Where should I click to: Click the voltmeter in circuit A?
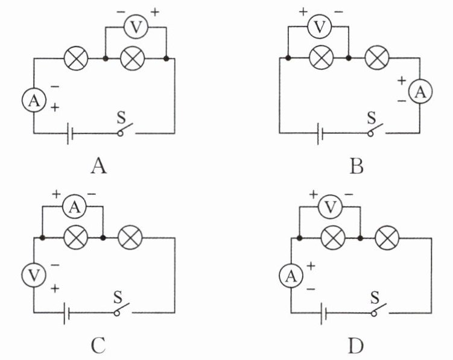tap(136, 27)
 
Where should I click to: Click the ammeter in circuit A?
tap(34, 100)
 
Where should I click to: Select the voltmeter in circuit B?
tap(320, 27)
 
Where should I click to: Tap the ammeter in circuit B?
tap(420, 92)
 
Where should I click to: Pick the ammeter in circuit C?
tap(75, 206)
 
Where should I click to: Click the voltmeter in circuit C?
tap(34, 275)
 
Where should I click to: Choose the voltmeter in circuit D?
tap(330, 206)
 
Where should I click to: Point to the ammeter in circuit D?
tap(291, 276)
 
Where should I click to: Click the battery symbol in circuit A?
tap(70, 133)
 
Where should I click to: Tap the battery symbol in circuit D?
tap(323, 313)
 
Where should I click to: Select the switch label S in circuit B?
tap(371, 118)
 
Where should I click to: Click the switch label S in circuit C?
tap(118, 297)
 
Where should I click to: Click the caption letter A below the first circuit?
tap(99, 166)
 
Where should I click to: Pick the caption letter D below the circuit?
tap(356, 346)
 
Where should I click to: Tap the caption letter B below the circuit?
tap(356, 166)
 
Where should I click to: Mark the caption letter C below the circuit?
tap(98, 346)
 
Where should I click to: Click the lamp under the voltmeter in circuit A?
tap(132, 58)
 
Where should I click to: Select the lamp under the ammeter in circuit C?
tap(75, 238)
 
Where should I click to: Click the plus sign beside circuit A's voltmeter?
tap(155, 12)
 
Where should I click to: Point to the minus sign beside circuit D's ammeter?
tap(311, 289)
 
